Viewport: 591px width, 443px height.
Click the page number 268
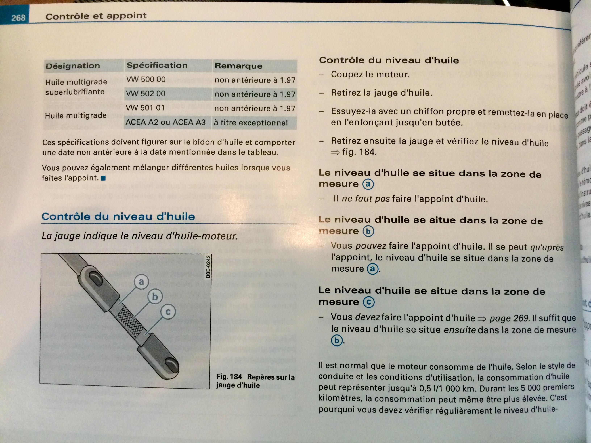18,18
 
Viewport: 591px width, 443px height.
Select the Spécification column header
157,65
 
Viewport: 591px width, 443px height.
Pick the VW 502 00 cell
146,93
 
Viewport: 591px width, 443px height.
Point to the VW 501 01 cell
145,108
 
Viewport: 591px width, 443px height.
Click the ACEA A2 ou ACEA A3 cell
166,122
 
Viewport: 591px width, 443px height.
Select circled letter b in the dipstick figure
155,296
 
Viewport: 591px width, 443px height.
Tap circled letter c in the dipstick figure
168,312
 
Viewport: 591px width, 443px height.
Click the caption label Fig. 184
229,377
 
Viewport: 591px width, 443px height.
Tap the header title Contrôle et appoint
96,16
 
